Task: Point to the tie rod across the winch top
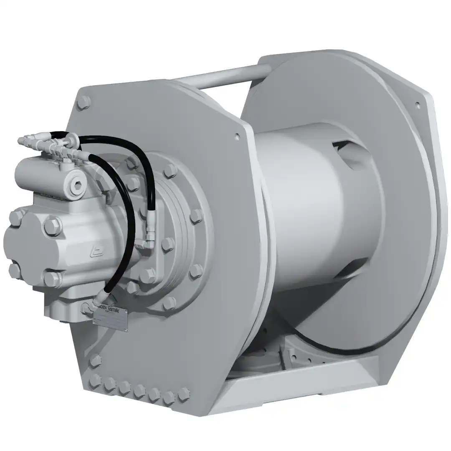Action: point(217,78)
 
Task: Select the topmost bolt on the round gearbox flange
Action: point(170,170)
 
